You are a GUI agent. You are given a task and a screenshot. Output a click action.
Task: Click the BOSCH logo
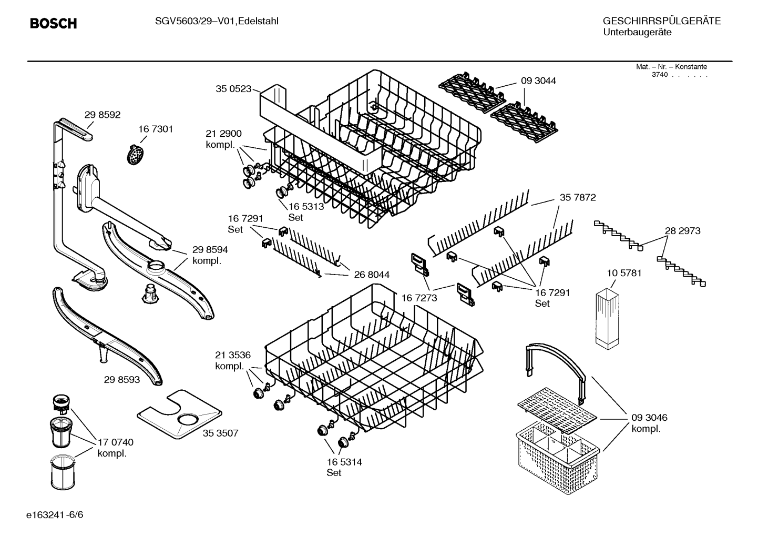point(54,23)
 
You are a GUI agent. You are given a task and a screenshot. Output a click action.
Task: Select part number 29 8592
point(102,115)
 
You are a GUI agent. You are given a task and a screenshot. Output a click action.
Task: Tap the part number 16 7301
point(155,129)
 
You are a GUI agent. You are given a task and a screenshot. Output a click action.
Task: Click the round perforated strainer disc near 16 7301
point(136,155)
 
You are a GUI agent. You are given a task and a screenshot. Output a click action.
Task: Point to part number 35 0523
point(233,89)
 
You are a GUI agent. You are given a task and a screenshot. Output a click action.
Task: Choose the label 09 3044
point(538,80)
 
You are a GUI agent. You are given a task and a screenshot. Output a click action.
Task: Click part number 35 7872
point(578,197)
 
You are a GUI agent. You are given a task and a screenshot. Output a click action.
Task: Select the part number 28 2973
point(682,230)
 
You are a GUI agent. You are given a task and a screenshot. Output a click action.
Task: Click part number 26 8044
point(372,274)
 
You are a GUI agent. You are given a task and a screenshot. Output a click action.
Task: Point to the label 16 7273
point(419,298)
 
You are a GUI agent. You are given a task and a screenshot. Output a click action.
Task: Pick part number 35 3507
point(220,433)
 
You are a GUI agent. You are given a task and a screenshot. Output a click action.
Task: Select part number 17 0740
point(116,442)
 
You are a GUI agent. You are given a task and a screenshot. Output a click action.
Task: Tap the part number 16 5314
point(344,462)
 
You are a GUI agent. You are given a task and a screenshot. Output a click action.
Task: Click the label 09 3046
point(649,418)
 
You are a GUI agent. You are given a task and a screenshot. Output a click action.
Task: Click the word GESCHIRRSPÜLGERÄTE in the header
point(662,21)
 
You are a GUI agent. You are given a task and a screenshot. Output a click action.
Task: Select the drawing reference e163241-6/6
point(55,514)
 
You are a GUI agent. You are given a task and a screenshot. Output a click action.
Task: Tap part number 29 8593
point(122,380)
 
